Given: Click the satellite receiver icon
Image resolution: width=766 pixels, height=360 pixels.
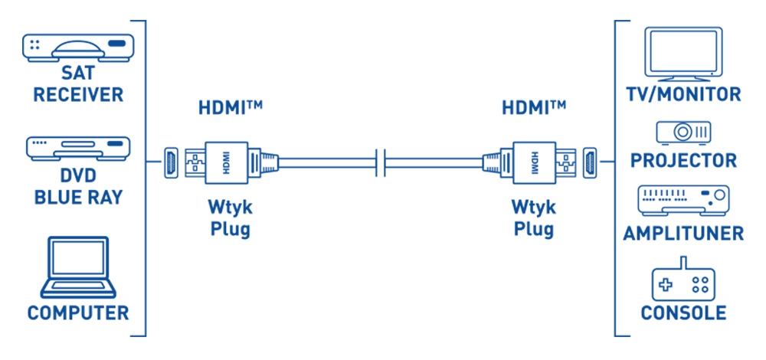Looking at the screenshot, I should click(x=76, y=47).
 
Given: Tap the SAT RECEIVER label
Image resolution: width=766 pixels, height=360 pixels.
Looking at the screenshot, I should click(x=77, y=84).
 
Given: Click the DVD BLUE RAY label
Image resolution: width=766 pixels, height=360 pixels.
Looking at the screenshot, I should click(x=77, y=187).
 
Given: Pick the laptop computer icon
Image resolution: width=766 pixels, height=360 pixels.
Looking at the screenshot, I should click(x=77, y=268).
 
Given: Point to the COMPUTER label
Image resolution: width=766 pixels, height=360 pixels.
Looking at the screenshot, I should click(x=77, y=313).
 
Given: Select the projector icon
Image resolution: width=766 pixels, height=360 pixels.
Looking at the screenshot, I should click(x=683, y=132).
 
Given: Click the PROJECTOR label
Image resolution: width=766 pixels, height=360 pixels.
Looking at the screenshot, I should click(x=683, y=161).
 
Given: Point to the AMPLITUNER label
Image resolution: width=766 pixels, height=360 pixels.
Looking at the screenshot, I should click(x=683, y=233).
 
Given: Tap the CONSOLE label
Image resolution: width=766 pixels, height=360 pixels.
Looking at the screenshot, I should click(x=683, y=313).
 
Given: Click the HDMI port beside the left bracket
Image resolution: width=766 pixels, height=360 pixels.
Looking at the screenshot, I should click(x=170, y=162).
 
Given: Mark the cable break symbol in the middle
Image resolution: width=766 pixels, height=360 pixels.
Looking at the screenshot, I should click(x=381, y=163).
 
